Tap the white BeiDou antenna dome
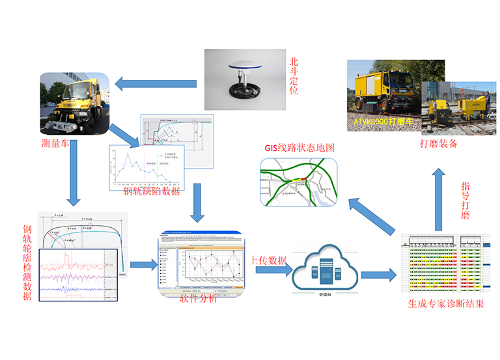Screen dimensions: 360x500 click(x=242, y=72)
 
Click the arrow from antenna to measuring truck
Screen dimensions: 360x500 click(x=156, y=83)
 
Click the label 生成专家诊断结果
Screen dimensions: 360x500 click(x=446, y=304)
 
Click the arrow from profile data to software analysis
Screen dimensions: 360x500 click(x=143, y=264)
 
